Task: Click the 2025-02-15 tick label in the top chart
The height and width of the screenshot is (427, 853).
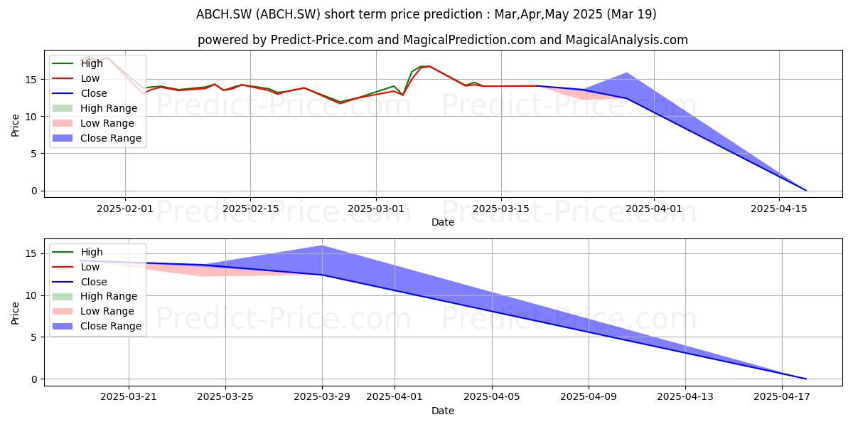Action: click(x=250, y=209)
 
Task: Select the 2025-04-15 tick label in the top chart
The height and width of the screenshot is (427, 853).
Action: click(x=779, y=209)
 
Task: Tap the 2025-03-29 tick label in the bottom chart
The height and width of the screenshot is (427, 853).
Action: click(x=322, y=397)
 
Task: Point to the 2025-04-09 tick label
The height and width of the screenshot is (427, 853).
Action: click(x=589, y=397)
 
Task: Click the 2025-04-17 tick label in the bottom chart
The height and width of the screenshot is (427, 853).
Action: click(x=782, y=397)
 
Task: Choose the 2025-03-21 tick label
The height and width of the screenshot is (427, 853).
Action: click(x=129, y=397)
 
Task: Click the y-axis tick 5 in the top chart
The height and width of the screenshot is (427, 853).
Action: click(x=35, y=154)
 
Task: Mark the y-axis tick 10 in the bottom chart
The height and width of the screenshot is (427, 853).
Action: click(x=31, y=296)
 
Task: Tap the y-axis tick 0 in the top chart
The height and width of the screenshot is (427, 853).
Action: click(x=35, y=191)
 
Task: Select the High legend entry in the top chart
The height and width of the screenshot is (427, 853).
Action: click(x=77, y=63)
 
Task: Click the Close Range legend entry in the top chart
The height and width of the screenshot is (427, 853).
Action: click(x=97, y=138)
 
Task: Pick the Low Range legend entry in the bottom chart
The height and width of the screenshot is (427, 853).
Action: click(x=93, y=311)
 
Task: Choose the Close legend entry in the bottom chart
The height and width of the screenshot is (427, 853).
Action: click(x=80, y=282)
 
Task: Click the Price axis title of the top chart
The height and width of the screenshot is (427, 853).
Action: click(x=15, y=125)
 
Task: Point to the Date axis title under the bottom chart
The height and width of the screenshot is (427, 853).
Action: click(x=443, y=411)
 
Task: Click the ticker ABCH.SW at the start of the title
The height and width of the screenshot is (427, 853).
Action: click(x=224, y=14)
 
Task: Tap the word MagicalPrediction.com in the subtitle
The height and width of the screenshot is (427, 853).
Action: click(x=469, y=40)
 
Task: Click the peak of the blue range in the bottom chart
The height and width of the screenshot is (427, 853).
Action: click(x=322, y=246)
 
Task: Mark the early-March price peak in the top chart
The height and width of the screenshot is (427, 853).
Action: click(x=429, y=66)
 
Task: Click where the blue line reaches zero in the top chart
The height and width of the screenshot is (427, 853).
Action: click(x=806, y=191)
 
